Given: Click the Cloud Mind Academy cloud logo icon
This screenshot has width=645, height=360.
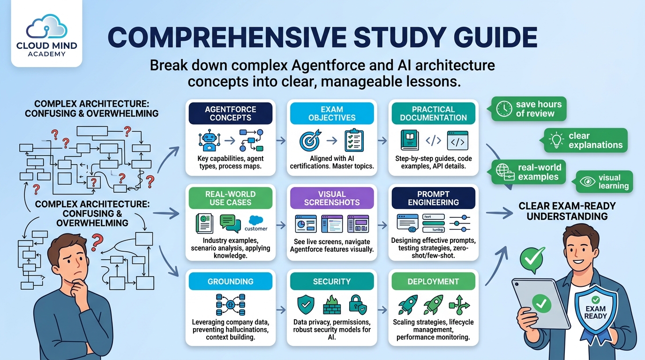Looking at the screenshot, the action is point(47,27).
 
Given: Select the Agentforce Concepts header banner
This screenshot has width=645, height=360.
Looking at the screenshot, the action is point(230,113).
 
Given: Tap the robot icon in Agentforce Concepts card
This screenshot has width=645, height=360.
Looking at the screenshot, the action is point(210,140).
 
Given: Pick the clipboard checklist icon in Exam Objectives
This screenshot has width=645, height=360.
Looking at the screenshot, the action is point(354,140).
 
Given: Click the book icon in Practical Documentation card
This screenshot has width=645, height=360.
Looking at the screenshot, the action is point(410,140).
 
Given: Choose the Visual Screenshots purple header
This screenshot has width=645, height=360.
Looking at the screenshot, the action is point(332,198).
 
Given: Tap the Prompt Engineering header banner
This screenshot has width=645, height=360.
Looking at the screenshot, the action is point(433,198).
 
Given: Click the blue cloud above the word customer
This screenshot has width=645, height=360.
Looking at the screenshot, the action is point(255,220).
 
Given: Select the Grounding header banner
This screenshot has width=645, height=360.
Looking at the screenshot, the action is point(230,281).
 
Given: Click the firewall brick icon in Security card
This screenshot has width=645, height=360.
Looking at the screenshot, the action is point(332,305).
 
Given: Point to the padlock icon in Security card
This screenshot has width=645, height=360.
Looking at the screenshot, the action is point(358,304).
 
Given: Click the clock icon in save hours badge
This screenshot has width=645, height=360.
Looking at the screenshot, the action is point(504,109).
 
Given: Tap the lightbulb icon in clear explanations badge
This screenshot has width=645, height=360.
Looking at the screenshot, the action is point(556,140).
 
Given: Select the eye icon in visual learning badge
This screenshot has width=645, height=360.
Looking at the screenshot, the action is point(587,181).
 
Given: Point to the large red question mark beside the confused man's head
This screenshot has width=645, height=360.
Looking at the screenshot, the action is point(97,242).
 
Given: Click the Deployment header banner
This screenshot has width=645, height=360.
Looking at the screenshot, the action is point(433,281).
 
